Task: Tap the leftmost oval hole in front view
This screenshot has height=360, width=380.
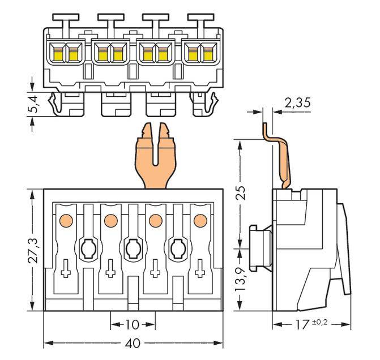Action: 88,247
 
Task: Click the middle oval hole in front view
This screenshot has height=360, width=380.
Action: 133,247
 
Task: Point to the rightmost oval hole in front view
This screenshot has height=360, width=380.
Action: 177,247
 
